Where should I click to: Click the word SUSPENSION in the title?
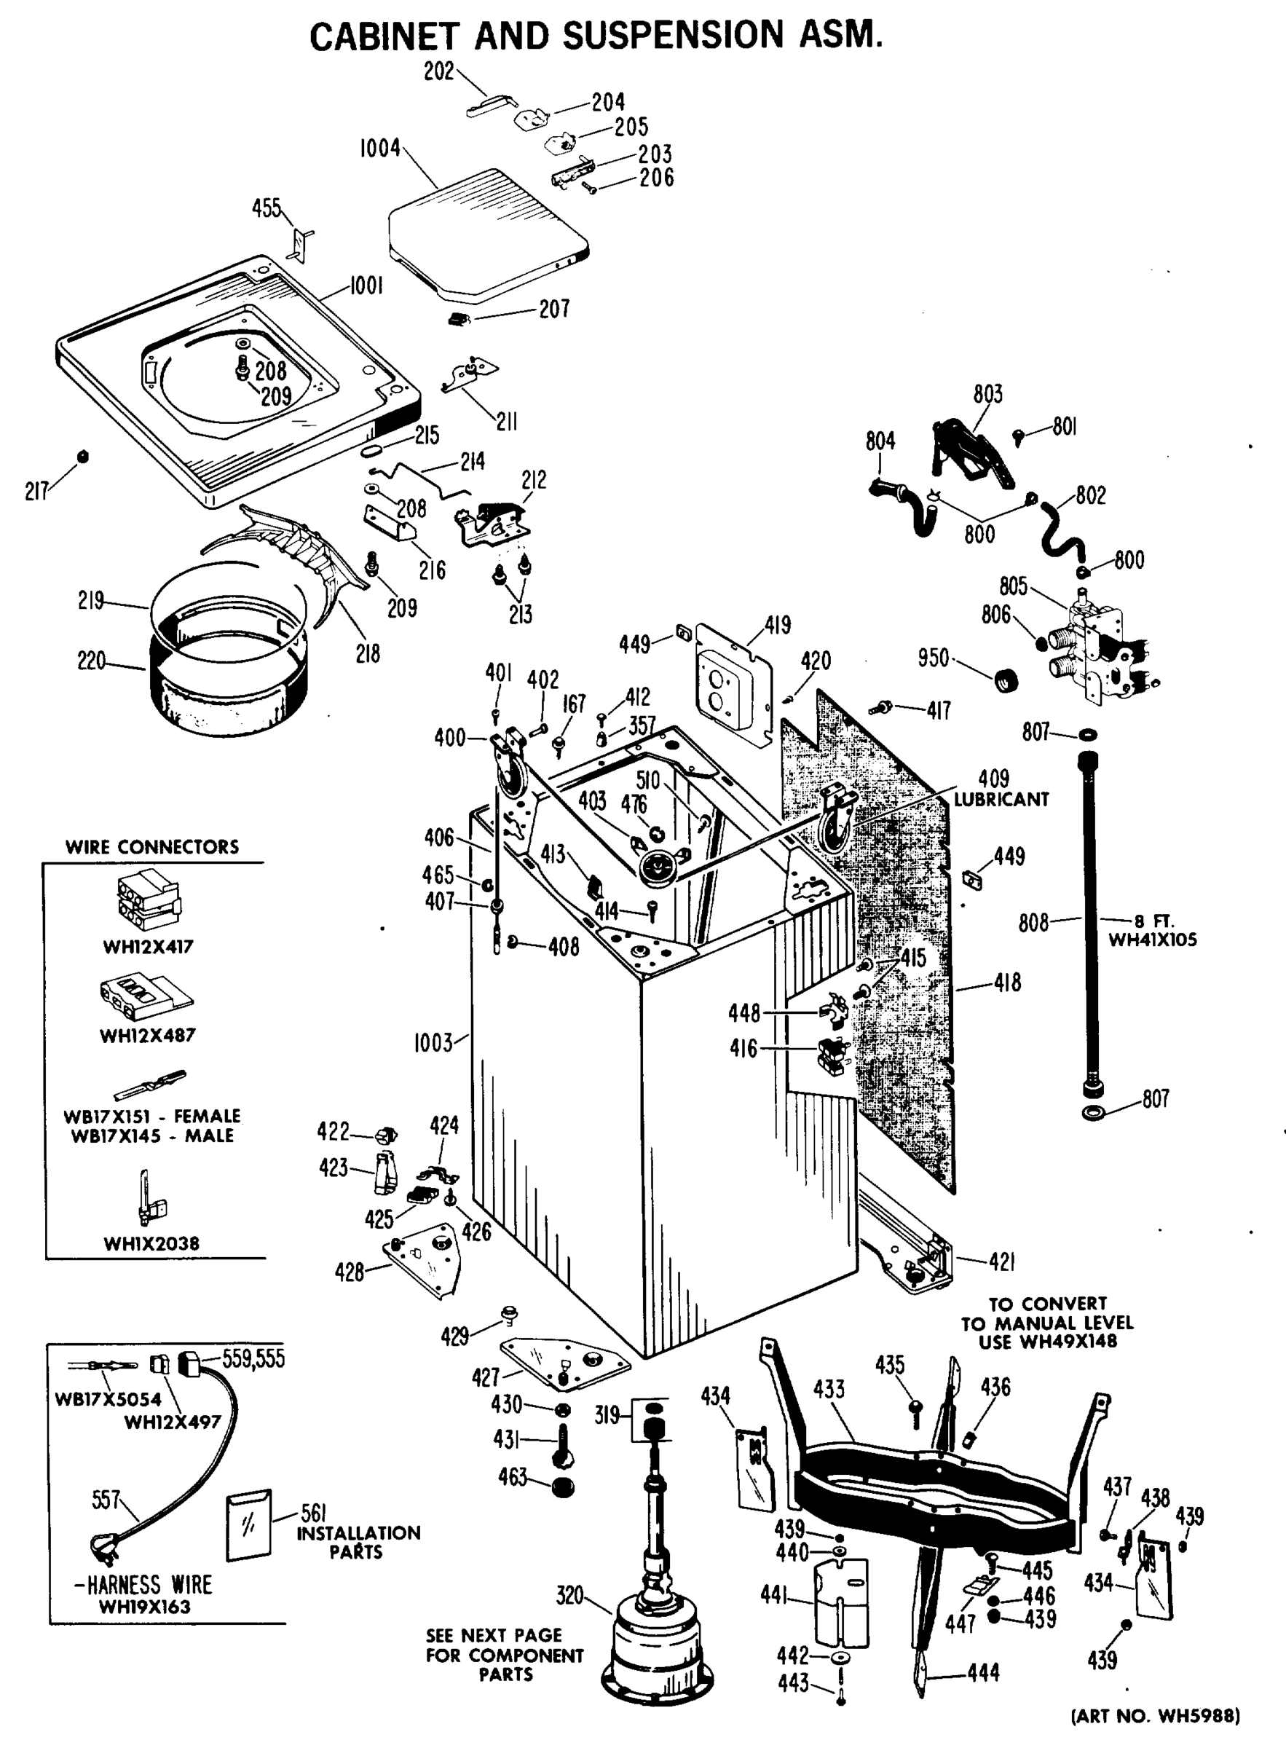[x=673, y=36]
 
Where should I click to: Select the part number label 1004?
[x=380, y=148]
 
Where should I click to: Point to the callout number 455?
[x=267, y=208]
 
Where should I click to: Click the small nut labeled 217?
[x=82, y=457]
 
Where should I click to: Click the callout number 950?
[x=933, y=658]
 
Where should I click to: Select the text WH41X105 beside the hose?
[x=1152, y=940]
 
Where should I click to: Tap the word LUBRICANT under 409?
[x=1001, y=800]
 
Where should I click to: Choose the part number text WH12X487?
[x=148, y=1036]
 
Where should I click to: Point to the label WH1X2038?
[x=151, y=1243]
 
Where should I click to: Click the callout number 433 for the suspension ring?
[x=828, y=1389]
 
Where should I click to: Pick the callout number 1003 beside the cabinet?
[x=433, y=1042]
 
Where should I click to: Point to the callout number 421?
[x=1002, y=1262]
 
